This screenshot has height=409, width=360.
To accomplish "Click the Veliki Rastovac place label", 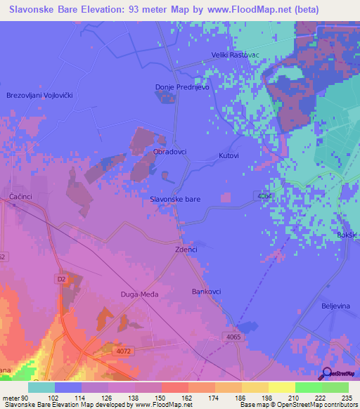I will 236,55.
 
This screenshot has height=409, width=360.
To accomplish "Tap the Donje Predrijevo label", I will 182,88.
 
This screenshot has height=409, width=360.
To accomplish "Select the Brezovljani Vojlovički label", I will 39,95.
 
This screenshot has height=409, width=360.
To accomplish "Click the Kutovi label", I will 229,155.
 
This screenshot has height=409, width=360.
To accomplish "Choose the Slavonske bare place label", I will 175,200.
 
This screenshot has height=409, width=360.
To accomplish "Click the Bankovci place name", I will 206,290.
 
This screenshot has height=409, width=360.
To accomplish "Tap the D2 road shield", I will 61,279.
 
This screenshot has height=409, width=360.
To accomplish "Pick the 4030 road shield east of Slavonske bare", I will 264,196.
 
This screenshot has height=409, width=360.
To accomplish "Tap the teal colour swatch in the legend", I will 41,387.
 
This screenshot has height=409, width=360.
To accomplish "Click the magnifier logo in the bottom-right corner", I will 327,374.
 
